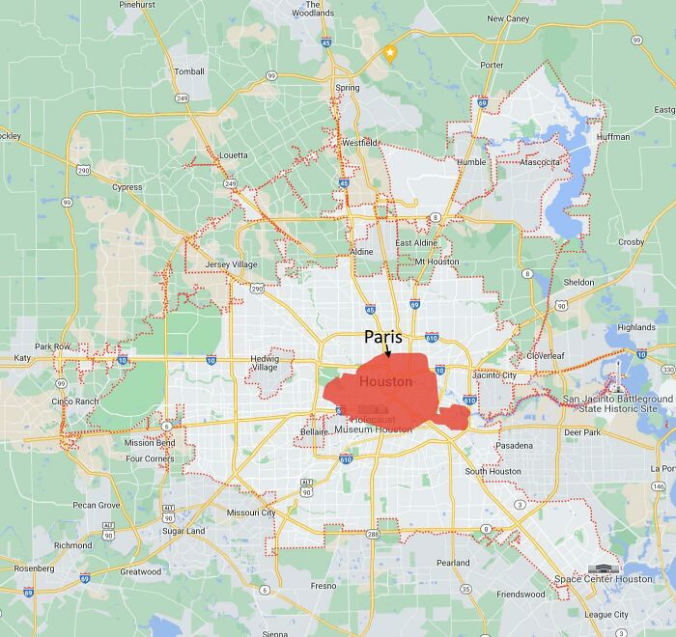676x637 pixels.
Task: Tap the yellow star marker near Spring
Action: coord(390,53)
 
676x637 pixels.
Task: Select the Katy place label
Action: coord(21,358)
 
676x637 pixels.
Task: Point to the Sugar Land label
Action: coord(183,531)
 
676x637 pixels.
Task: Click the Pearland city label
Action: coord(453,563)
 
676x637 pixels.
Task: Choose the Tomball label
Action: coord(189,71)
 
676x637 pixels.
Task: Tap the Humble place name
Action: coord(471,162)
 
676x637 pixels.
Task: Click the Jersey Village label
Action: coord(232,264)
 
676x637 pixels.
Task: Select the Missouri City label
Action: coord(250,512)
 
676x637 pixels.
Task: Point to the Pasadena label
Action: coord(513,446)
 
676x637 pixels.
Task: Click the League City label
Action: coord(606,615)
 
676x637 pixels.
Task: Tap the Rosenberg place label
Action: coord(34,568)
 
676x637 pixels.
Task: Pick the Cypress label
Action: coord(127,187)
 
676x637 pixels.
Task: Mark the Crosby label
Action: coord(631,242)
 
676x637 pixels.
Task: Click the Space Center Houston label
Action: coord(604,579)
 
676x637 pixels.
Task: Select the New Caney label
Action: coord(508,18)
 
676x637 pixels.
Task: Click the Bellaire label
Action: coord(315,431)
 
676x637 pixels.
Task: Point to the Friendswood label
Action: coord(521,595)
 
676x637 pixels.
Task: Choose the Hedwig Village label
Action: coord(265,363)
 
